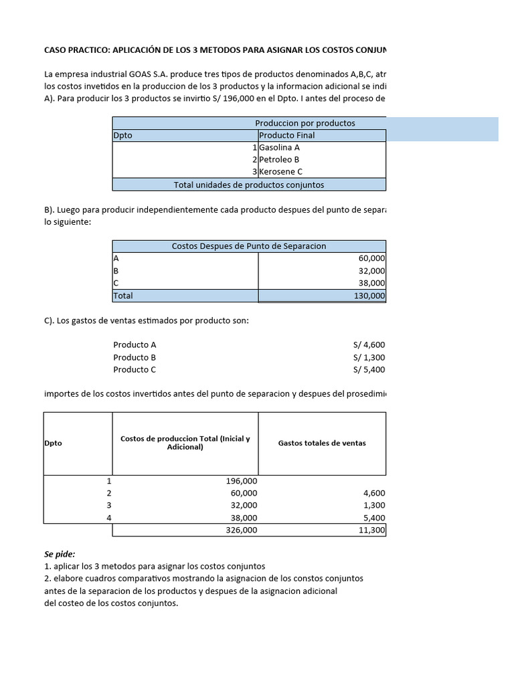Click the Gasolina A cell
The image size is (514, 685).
click(279, 147)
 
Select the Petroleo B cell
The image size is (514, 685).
click(279, 159)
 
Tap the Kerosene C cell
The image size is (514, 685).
click(280, 171)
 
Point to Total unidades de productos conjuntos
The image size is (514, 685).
click(248, 185)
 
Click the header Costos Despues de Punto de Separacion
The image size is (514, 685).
click(248, 246)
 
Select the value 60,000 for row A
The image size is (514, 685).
click(371, 258)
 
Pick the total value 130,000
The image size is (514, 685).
click(369, 296)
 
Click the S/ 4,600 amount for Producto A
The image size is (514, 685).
click(369, 345)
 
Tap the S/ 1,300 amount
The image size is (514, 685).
click(369, 357)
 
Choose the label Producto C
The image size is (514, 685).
click(135, 369)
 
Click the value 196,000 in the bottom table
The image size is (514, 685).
click(241, 481)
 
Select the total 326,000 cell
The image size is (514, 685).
click(241, 530)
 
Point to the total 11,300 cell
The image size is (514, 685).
click(371, 530)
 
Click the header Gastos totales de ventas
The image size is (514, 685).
click(322, 443)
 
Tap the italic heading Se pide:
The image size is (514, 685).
click(60, 554)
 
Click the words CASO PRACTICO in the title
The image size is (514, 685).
click(77, 50)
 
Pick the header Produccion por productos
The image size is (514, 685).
click(305, 123)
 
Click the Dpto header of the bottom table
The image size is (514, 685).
click(53, 443)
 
